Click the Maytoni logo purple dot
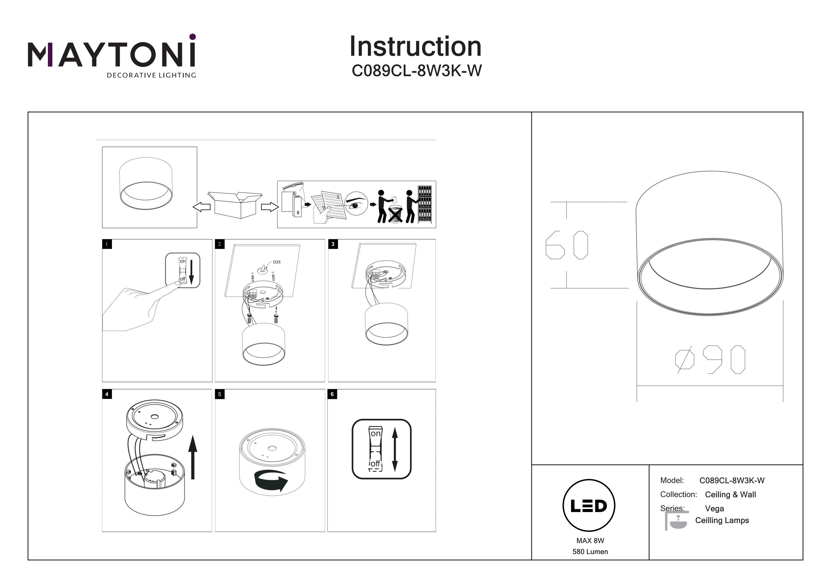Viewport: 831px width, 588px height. coord(193,37)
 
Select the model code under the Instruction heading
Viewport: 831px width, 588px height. coord(417,71)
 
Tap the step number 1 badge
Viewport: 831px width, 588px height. coord(107,244)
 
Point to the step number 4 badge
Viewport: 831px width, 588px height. coord(107,394)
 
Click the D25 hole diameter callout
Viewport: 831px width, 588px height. coord(276,262)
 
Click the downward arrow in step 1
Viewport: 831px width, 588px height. coord(191,271)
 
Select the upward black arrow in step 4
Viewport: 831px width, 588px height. coord(193,457)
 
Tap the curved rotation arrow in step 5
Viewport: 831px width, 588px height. coord(271,481)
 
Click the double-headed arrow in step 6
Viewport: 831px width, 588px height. coord(395,449)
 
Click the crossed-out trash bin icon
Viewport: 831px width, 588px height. coord(395,214)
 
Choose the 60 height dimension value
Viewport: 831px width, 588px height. coord(567,245)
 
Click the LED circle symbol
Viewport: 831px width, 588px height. coord(589,506)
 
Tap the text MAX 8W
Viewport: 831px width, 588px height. coord(590,541)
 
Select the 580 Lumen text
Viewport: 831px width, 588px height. coord(590,552)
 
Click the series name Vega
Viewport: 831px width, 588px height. coord(714,509)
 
